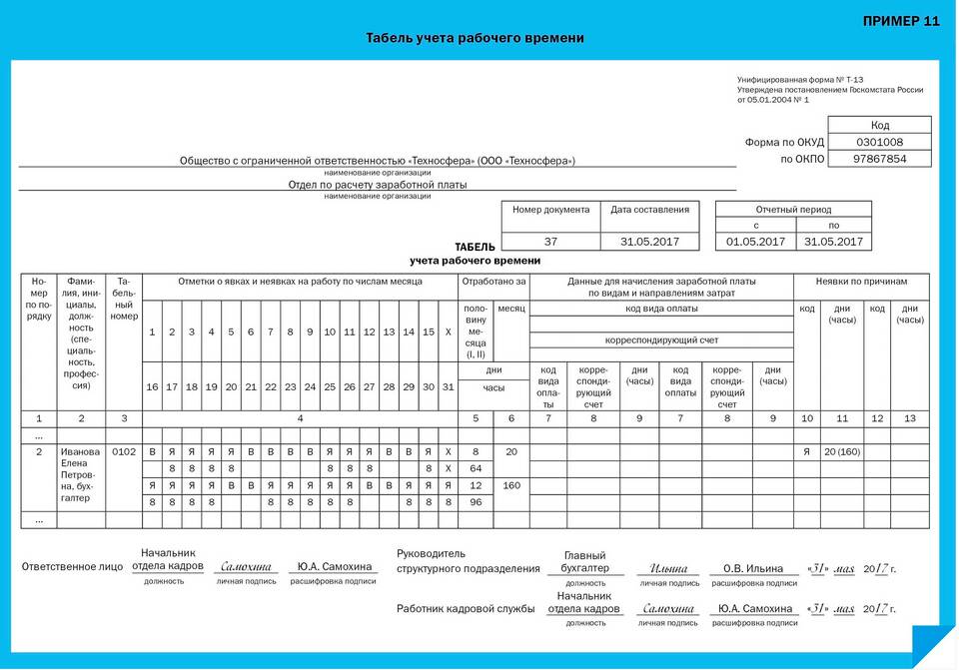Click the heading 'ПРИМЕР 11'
tap(900, 22)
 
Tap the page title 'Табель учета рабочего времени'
tap(475, 38)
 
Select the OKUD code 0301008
tap(879, 142)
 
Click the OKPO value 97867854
tap(879, 159)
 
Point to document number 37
tap(550, 242)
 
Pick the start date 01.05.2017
tap(755, 242)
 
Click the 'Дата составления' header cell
tap(649, 210)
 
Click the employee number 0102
tap(124, 451)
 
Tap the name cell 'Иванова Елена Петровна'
tap(80, 474)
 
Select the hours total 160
tap(511, 485)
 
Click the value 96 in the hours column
tap(476, 502)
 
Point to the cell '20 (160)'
tap(841, 451)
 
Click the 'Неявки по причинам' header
tap(861, 282)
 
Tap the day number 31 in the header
tap(448, 386)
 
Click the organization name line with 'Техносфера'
tap(377, 161)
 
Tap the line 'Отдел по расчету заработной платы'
tap(377, 185)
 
